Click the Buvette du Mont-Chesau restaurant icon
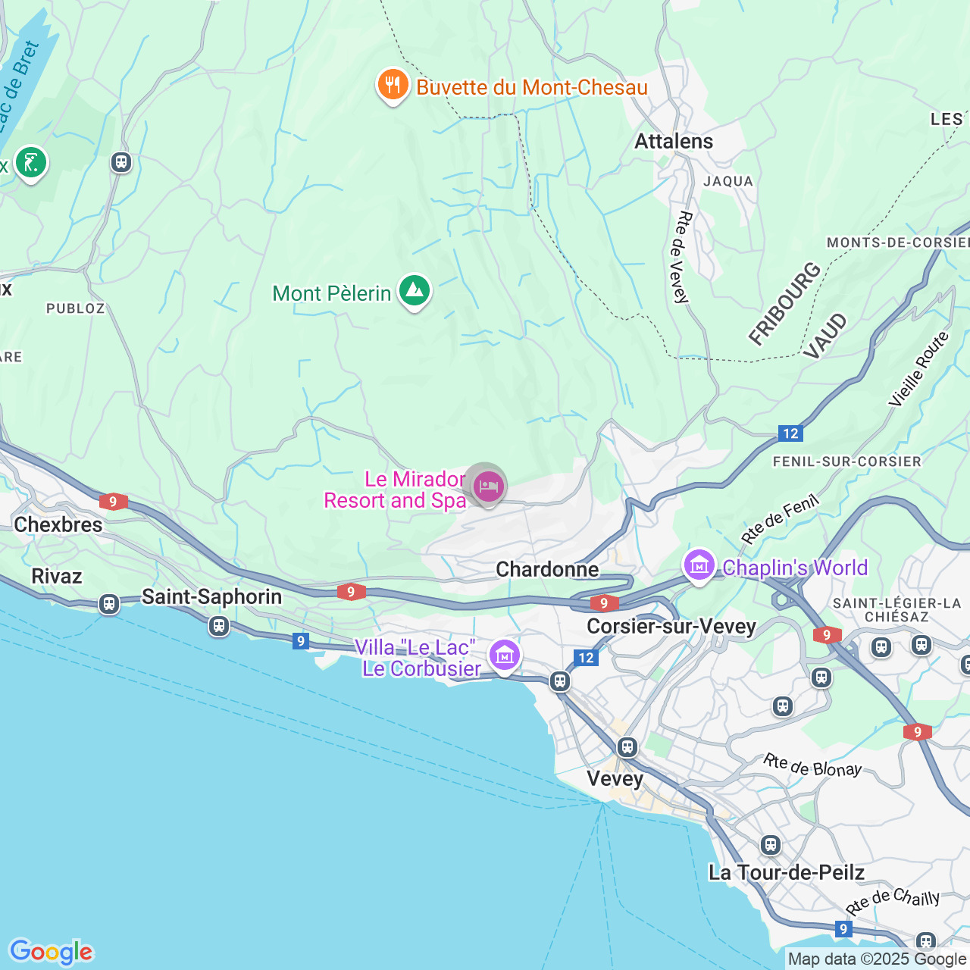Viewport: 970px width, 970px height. click(x=393, y=86)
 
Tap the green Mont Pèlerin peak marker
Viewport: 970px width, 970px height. click(x=414, y=291)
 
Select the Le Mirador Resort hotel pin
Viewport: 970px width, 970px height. click(x=488, y=487)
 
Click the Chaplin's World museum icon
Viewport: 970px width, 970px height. click(x=699, y=565)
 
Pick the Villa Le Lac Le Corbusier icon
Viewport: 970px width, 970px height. click(x=504, y=655)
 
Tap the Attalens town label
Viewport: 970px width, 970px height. click(x=674, y=142)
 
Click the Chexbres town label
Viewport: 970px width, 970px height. click(x=58, y=524)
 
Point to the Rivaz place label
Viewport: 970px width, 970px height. click(x=57, y=576)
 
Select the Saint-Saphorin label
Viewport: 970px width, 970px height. click(x=212, y=597)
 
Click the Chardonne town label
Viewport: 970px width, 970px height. click(x=547, y=570)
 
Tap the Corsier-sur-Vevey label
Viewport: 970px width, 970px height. click(x=671, y=627)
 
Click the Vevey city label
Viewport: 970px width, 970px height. click(x=615, y=779)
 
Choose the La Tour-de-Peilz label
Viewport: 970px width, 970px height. click(x=786, y=873)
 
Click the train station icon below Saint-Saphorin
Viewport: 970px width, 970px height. click(x=219, y=626)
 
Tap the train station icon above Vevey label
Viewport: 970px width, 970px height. click(x=627, y=747)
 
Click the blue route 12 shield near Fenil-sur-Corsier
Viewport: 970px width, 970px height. click(x=790, y=433)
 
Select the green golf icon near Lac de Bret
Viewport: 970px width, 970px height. click(x=30, y=162)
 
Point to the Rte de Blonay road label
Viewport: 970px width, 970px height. click(x=812, y=765)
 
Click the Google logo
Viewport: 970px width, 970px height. click(x=51, y=952)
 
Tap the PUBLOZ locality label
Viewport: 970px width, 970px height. click(x=76, y=308)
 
